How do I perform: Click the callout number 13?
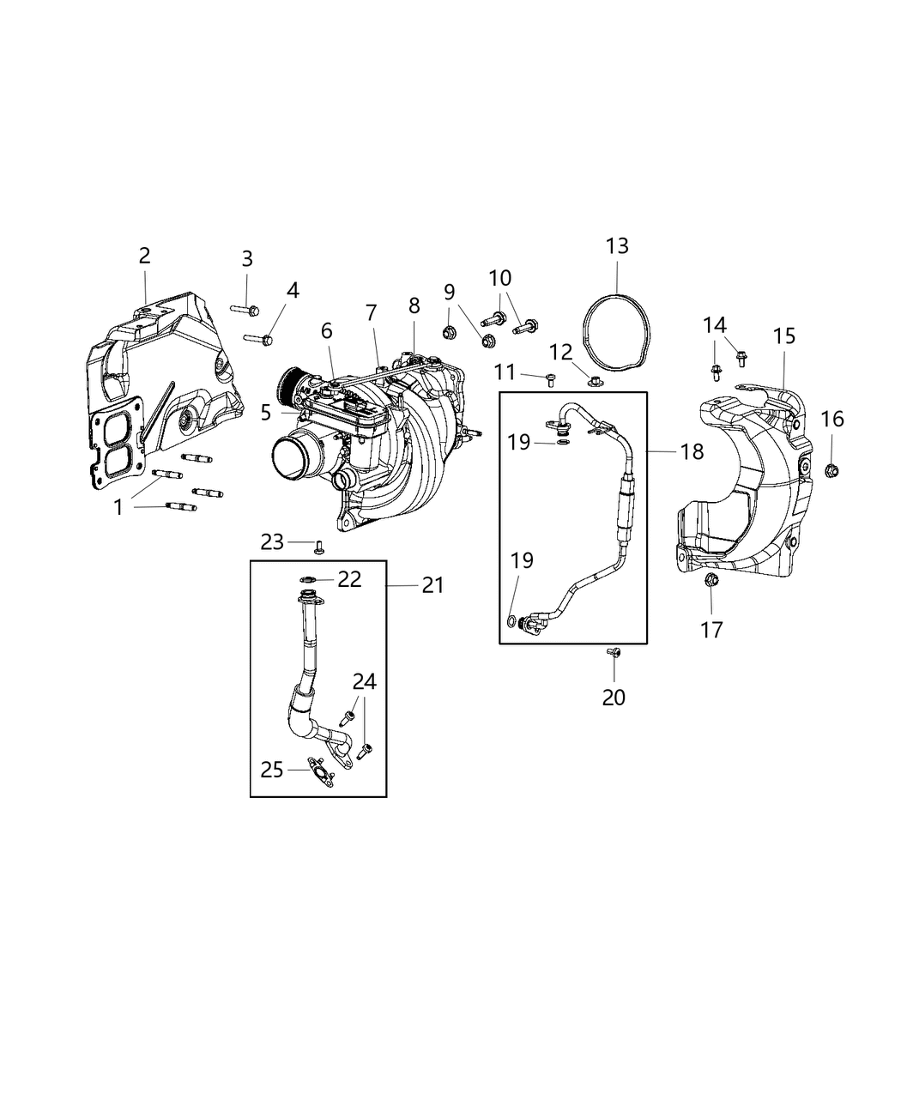tap(617, 246)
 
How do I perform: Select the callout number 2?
tap(144, 255)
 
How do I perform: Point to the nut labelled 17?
tap(711, 583)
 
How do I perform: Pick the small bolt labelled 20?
tap(614, 654)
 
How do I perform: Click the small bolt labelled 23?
tap(319, 546)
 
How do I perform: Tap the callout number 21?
tap(432, 585)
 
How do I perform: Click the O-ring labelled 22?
tap(307, 579)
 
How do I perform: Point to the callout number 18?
tap(692, 451)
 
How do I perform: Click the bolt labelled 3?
tap(245, 308)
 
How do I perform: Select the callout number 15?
tap(784, 335)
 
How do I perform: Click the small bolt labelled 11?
tap(550, 378)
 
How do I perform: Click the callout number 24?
tap(364, 682)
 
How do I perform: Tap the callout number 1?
tap(118, 507)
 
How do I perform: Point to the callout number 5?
tap(266, 413)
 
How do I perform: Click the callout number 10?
tap(500, 278)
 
